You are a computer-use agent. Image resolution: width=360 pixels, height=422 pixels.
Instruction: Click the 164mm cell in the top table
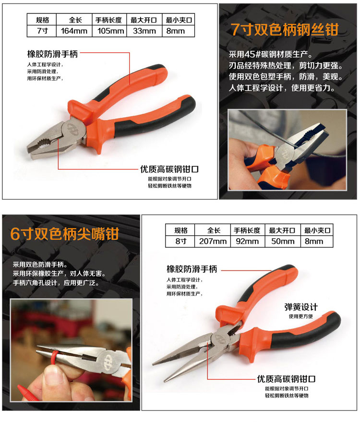pos(74,31)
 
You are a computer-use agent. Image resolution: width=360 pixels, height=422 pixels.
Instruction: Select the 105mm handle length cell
pos(109,31)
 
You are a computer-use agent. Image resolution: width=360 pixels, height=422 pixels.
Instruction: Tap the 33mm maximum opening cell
pos(144,31)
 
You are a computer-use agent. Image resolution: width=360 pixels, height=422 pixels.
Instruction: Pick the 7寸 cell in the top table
pos(42,31)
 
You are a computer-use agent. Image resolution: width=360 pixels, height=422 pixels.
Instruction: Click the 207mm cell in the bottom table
pos(213,241)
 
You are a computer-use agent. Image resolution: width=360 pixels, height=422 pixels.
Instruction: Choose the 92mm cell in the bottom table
pos(248,241)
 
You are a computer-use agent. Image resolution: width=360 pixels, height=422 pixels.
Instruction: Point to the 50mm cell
pos(283,241)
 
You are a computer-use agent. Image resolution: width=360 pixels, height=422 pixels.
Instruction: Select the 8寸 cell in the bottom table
pos(180,241)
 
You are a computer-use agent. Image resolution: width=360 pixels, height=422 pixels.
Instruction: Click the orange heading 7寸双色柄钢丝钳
pos(285,29)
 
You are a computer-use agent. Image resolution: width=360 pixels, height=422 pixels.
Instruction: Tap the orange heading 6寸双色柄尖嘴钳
pos(65,234)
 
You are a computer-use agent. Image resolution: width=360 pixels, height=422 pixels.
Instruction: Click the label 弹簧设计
pos(301,307)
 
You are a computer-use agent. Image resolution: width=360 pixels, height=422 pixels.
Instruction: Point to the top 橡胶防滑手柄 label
pos(52,54)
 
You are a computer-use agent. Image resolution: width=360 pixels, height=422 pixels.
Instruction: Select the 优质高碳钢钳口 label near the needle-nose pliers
pos(286,379)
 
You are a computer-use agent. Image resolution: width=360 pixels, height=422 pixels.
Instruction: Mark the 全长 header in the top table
pos(75,20)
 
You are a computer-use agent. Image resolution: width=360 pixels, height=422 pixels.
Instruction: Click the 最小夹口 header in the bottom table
pos(317,230)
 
